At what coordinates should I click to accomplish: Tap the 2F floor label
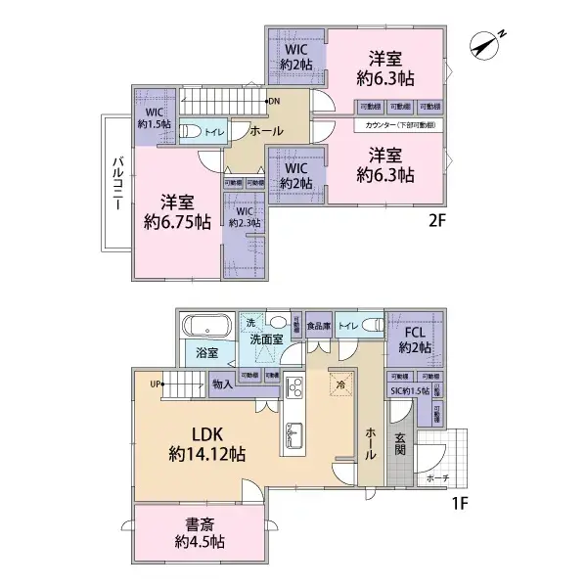coord(436,221)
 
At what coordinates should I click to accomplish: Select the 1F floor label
coord(461,507)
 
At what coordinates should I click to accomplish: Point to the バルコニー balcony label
coord(114,184)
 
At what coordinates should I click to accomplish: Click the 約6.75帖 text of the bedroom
coord(176,222)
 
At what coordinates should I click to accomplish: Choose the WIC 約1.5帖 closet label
coord(154,117)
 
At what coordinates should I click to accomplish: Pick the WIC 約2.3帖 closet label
coord(243,216)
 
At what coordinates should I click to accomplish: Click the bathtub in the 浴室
coord(204,326)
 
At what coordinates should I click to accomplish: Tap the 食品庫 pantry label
coord(319,326)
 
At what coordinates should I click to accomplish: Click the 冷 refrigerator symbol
coord(341,384)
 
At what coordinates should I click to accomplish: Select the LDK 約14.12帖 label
coord(205,441)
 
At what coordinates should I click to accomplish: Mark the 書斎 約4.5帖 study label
coord(200,532)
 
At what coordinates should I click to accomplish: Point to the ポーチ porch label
coord(437,478)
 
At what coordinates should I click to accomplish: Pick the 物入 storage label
coord(222,384)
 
